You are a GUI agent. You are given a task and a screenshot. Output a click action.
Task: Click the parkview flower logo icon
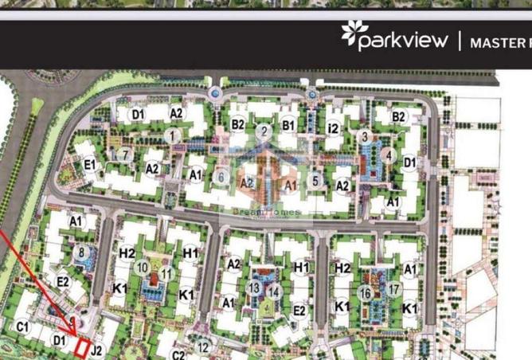[350, 33]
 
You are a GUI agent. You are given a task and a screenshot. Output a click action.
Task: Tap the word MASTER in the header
[499, 42]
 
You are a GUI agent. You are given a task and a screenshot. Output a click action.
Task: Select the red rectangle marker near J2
[81, 347]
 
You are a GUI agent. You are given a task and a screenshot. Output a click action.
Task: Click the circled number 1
[172, 136]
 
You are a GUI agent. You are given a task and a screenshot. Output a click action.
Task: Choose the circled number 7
[123, 155]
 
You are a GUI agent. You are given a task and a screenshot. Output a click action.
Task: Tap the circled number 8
[81, 253]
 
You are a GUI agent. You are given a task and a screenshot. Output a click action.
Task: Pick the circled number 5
[315, 181]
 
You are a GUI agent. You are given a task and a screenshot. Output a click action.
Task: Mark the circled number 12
[204, 346]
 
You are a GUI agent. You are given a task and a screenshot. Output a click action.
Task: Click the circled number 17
[393, 289]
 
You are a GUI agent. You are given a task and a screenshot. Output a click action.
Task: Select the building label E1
[90, 166]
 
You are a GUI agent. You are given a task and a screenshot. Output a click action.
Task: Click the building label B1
[288, 124]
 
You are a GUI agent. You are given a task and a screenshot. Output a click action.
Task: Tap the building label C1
[22, 327]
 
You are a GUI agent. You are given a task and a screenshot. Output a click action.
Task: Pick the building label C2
[178, 355]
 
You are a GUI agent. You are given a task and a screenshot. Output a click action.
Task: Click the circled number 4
[388, 155]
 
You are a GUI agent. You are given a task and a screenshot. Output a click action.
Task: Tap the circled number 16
[366, 293]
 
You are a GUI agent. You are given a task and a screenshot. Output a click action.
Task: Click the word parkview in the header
[403, 41]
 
